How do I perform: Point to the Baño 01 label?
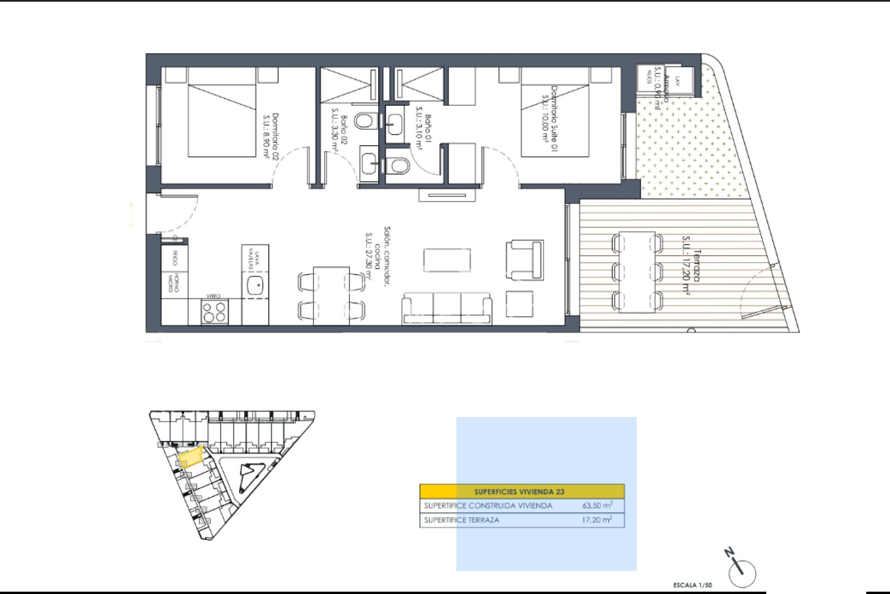tap(423, 131)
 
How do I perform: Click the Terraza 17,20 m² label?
tap(692, 272)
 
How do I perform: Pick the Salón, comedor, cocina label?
tap(378, 253)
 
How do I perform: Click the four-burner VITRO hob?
tap(215, 312)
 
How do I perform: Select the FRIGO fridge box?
tap(175, 258)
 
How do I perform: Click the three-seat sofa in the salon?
tap(447, 308)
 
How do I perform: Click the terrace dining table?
tap(637, 272)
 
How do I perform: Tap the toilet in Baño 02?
tap(364, 122)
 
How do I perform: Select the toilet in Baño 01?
tap(398, 165)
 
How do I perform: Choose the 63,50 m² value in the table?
tap(597, 505)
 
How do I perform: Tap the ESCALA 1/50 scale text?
tap(692, 585)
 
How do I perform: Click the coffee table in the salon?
tap(447, 260)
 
